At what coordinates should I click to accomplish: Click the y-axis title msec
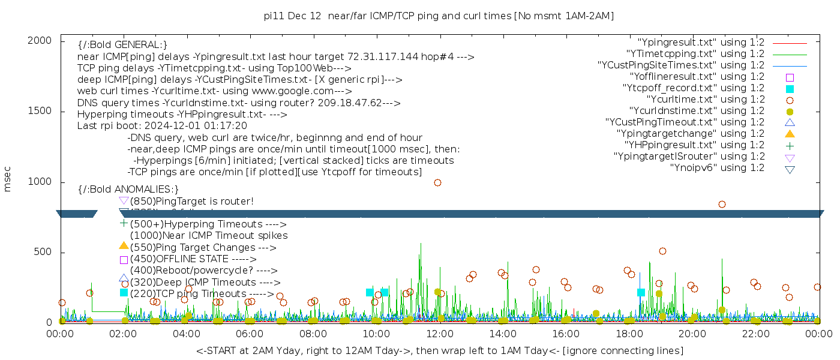(8, 179)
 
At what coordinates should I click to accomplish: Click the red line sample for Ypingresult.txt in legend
(790, 43)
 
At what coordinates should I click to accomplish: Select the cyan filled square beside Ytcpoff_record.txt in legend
(790, 89)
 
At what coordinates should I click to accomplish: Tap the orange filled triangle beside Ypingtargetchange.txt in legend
(790, 134)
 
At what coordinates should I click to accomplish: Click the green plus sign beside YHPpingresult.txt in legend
(790, 145)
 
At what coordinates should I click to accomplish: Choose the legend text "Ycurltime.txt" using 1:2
(705, 100)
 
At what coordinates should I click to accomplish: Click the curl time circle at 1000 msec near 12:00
(437, 182)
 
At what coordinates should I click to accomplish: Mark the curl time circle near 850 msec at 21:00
(722, 204)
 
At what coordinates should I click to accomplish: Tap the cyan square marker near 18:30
(641, 292)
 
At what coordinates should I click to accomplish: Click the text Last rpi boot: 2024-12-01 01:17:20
(162, 126)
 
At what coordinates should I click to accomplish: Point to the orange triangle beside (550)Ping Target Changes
(124, 246)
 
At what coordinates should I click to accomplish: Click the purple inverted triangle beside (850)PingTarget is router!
(124, 200)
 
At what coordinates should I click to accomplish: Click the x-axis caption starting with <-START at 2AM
(439, 350)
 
